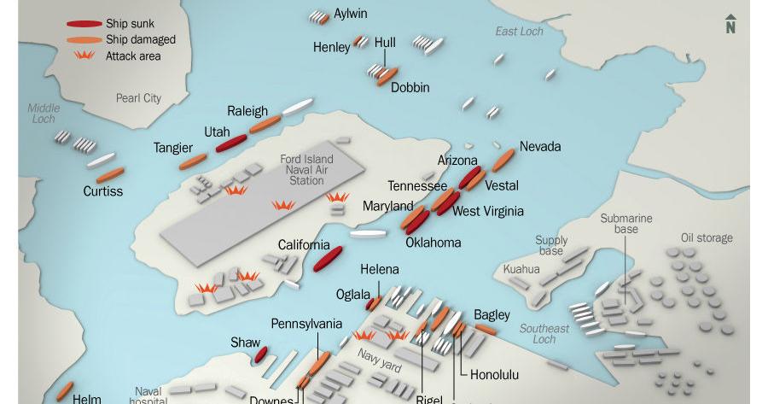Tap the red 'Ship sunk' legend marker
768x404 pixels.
(84, 24)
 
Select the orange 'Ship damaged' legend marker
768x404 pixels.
(84, 39)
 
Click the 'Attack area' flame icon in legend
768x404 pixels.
(84, 56)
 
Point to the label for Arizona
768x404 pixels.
(457, 161)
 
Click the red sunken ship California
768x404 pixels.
(328, 260)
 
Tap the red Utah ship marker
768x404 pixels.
(231, 143)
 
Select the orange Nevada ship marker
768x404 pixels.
(503, 160)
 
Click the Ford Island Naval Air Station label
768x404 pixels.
(306, 170)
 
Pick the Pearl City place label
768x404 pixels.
(138, 98)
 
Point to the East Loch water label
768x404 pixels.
(519, 32)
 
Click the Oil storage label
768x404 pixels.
(706, 238)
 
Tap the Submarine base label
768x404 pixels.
(625, 224)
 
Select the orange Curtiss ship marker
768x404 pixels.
(110, 176)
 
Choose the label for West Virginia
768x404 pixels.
(487, 211)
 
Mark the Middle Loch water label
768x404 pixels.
(44, 114)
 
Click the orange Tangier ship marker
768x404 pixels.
(193, 161)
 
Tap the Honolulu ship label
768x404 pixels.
(494, 374)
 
